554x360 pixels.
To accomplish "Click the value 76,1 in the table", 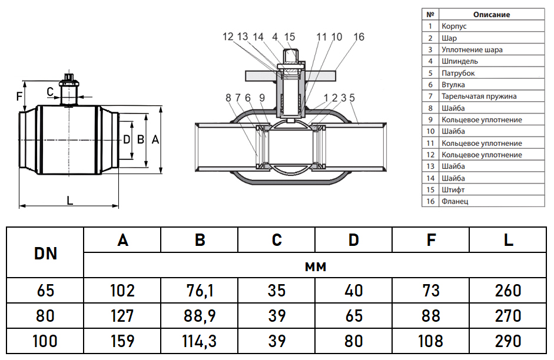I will click(200, 290).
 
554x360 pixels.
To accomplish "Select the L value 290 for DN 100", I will click(509, 341).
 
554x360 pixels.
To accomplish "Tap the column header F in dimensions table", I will click(431, 240).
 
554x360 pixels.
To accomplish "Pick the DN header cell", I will click(45, 253).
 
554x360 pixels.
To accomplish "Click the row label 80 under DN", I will click(45, 315).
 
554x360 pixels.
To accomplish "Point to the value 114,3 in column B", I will click(200, 341).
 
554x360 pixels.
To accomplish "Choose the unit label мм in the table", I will click(316, 266).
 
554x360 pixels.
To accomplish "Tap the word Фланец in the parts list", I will click(455, 202).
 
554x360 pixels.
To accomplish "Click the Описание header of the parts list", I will click(491, 15).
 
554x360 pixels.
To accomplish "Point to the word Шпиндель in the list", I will click(459, 61).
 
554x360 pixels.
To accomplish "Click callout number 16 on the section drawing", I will click(359, 37).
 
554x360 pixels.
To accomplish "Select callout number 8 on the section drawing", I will click(228, 98).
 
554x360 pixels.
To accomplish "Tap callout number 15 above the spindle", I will click(289, 37).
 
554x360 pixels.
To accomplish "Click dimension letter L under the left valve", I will click(69, 201).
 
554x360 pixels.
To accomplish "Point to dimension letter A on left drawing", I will click(155, 139).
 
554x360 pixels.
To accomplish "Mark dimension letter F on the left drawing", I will click(19, 95).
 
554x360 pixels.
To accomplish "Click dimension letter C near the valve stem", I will click(51, 91).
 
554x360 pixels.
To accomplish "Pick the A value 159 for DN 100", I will click(122, 341).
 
